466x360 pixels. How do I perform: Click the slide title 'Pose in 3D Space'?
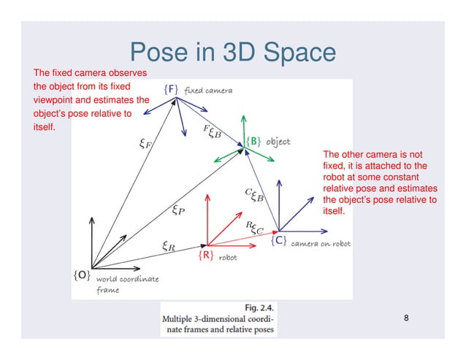tap(232, 53)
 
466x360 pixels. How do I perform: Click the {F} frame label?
tap(170, 89)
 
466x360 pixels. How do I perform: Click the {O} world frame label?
tap(81, 275)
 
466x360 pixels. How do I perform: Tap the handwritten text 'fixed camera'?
tap(208, 91)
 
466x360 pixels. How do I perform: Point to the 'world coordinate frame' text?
tap(124, 284)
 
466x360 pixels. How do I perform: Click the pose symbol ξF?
tap(145, 144)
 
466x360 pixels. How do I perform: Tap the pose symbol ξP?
tap(177, 212)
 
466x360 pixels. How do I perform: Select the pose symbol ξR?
tap(167, 246)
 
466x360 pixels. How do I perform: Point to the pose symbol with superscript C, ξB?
tap(254, 194)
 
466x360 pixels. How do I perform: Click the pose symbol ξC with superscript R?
tap(255, 228)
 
